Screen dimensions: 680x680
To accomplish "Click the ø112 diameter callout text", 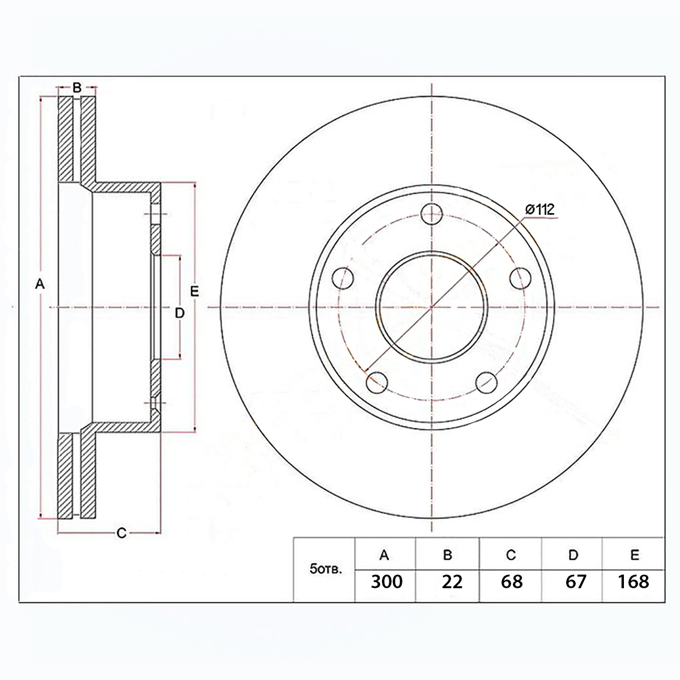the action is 539,210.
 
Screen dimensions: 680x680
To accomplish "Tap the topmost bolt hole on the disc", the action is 432,214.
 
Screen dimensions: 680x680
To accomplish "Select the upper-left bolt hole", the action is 343,278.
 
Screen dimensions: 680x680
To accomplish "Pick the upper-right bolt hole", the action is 521,278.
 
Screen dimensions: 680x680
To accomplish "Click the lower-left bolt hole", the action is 377,382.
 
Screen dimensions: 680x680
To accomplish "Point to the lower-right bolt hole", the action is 486,382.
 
